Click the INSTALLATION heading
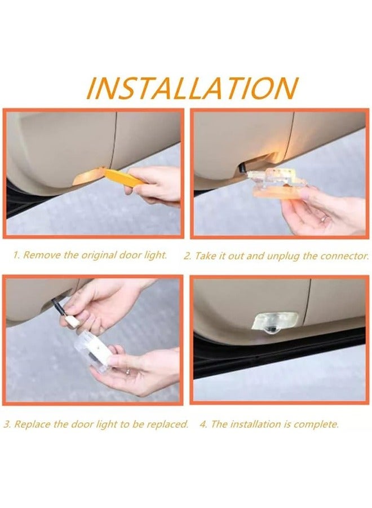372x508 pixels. (x=192, y=87)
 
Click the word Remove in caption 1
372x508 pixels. (x=42, y=255)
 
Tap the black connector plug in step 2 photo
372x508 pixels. (x=243, y=167)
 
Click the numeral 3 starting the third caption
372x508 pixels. (x=6, y=424)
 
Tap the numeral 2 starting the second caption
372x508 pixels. (x=187, y=256)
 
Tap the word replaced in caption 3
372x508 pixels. (x=167, y=424)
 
